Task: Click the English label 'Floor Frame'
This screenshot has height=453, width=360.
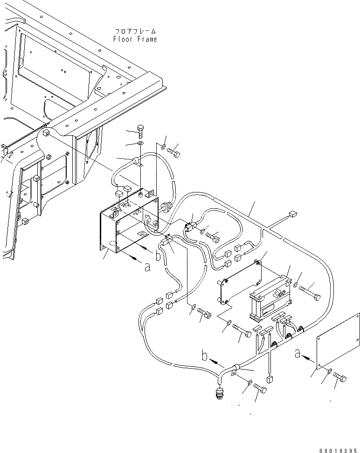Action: click(x=135, y=39)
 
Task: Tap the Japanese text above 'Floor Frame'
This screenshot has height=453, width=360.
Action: click(x=135, y=31)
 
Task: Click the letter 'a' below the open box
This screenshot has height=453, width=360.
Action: click(x=147, y=267)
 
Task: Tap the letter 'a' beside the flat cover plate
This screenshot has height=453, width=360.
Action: click(x=298, y=355)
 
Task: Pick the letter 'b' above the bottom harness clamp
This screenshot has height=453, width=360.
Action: click(x=204, y=356)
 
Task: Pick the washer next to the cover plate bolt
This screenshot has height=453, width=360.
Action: click(x=330, y=372)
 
